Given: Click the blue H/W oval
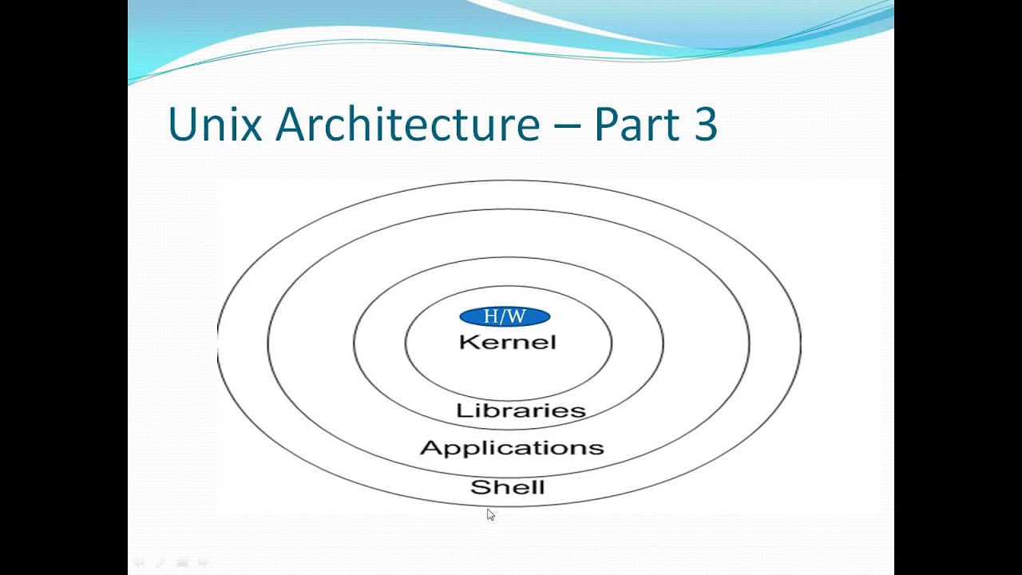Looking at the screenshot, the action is (x=505, y=317).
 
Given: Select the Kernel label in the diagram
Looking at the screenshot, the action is (x=508, y=343).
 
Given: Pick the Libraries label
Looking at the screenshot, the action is (x=521, y=411).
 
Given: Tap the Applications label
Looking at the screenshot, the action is (x=512, y=448).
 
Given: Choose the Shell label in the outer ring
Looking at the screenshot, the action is (x=507, y=487).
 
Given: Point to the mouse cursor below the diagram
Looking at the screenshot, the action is (x=490, y=515).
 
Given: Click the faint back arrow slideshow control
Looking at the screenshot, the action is (x=139, y=563).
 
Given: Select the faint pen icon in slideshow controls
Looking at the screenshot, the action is (x=160, y=563).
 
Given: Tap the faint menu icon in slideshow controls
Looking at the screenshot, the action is (x=182, y=563).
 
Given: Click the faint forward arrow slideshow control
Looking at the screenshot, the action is (x=203, y=563).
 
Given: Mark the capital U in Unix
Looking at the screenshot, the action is (x=182, y=125).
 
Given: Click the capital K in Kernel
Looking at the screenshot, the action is (x=467, y=343).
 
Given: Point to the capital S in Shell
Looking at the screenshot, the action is (x=478, y=487).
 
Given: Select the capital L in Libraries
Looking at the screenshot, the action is (x=461, y=411).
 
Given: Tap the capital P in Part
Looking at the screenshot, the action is (x=607, y=125).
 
